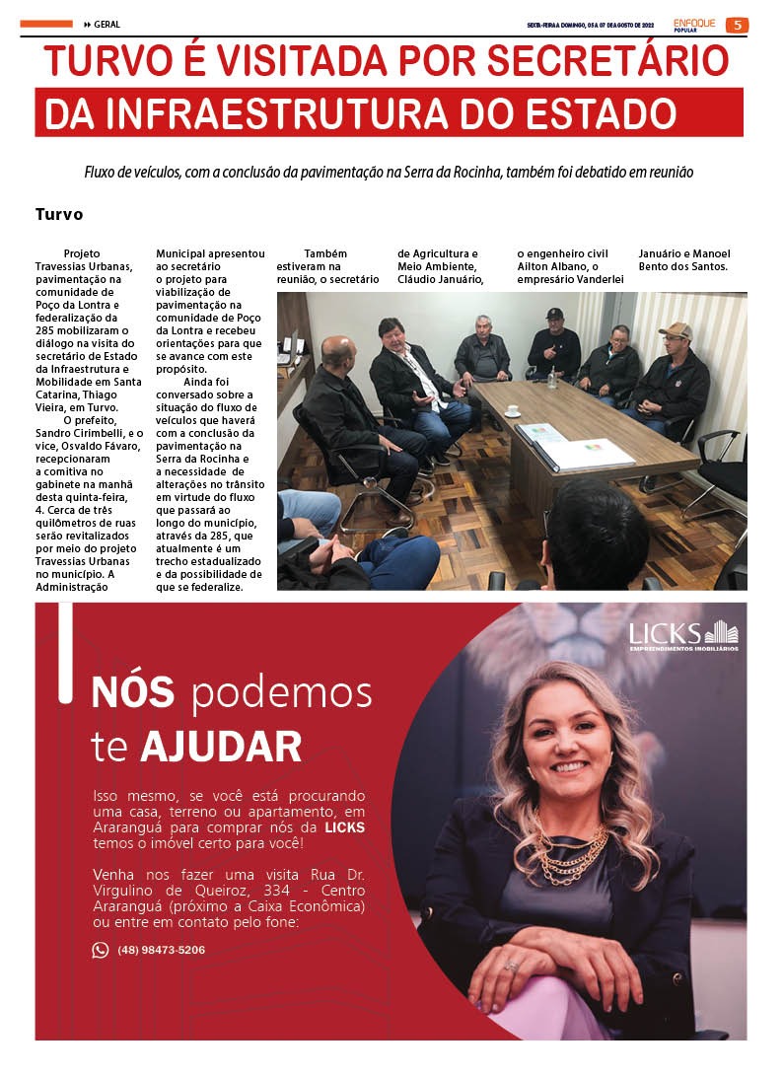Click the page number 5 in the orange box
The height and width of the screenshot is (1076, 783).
(x=737, y=25)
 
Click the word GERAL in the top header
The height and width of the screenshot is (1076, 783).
(x=107, y=25)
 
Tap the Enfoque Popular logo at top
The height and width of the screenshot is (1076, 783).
(x=694, y=24)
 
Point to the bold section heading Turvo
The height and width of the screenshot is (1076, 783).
(x=59, y=214)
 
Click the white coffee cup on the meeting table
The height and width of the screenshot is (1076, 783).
(x=512, y=409)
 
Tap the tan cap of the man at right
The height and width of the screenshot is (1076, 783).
(x=676, y=331)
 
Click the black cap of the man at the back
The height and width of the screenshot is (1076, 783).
(x=554, y=314)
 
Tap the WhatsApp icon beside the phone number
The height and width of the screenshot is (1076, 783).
(x=101, y=950)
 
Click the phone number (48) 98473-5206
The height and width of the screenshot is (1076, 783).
(x=161, y=950)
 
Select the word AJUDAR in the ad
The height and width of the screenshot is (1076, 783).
(x=221, y=747)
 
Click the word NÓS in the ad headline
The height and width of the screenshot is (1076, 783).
(x=132, y=693)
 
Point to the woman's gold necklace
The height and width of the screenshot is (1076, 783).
(x=572, y=853)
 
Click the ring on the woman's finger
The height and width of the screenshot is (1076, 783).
(x=511, y=967)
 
